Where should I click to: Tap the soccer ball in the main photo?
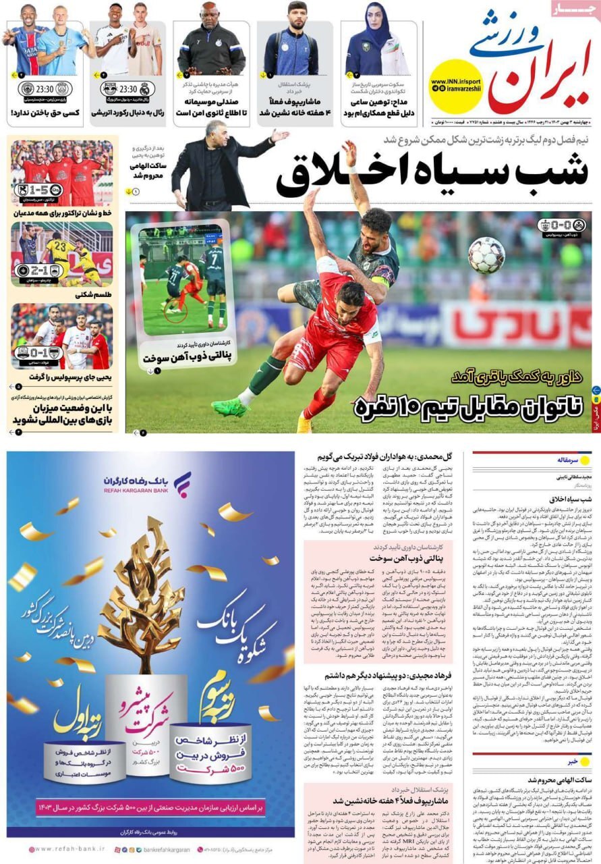point(486,255)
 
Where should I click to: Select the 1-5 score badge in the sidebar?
point(38,190)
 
